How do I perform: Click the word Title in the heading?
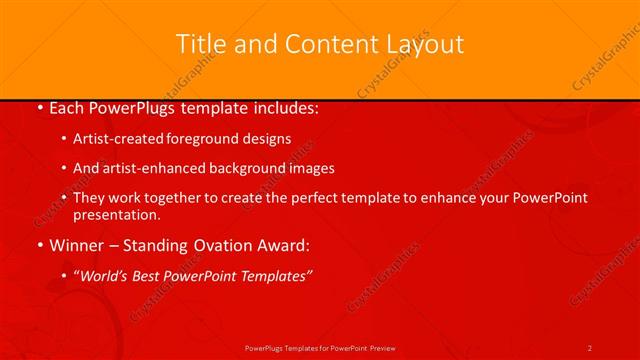(x=199, y=44)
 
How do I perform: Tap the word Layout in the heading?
(x=424, y=44)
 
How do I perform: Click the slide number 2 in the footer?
(x=590, y=348)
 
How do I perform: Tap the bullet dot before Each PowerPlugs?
(x=38, y=108)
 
